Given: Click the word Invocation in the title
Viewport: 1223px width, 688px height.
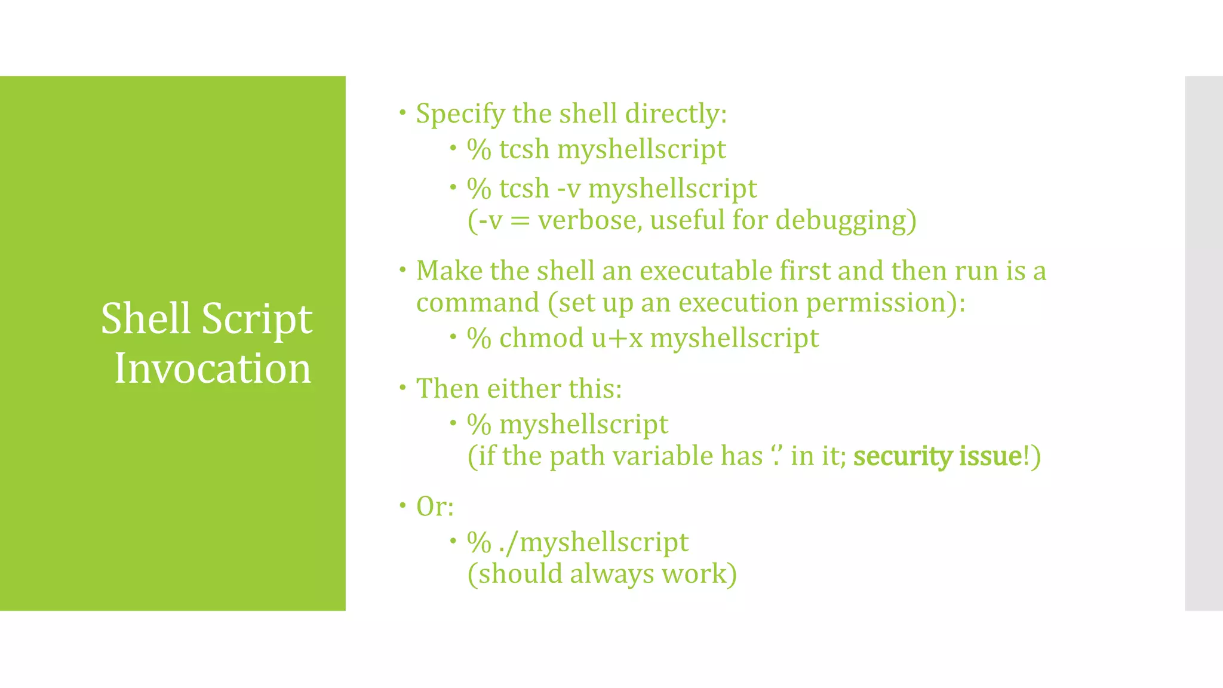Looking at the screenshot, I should pos(213,368).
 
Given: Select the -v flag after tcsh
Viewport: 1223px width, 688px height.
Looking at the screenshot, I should pos(569,189).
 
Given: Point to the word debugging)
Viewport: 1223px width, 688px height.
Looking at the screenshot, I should pos(846,220).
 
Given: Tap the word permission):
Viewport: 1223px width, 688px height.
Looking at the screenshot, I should pos(886,303).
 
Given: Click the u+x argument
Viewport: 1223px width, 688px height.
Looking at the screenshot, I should pos(617,339).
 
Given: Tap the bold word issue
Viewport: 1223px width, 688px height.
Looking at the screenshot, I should pos(991,457).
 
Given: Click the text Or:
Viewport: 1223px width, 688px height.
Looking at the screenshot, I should pos(435,507).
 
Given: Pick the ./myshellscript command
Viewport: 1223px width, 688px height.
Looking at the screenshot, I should pos(594,542).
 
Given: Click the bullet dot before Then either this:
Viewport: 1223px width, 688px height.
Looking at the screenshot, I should pos(403,388).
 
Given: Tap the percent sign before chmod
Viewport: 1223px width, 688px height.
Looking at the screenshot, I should pos(479,339).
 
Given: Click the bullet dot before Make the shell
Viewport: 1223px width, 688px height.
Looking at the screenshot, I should pos(403,270).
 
